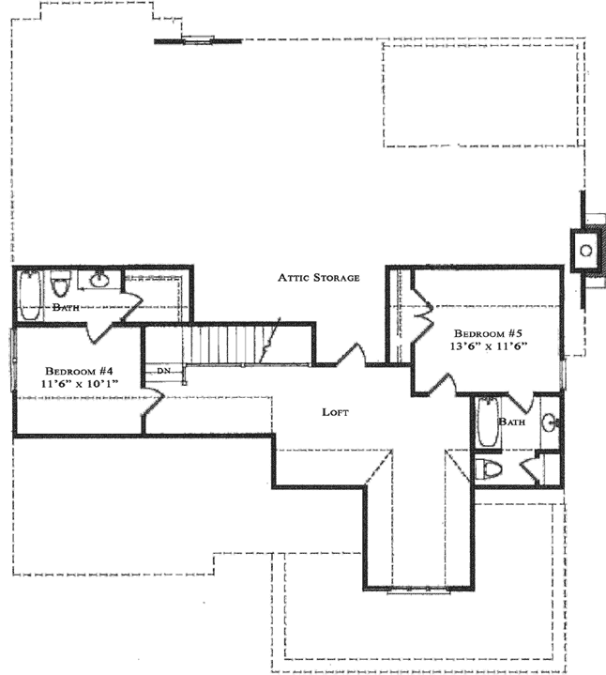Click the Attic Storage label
[x=318, y=278]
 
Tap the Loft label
[x=337, y=412]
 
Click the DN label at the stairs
[x=164, y=372]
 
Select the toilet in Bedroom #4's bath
[x=62, y=283]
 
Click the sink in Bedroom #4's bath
[x=98, y=279]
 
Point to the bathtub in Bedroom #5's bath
[x=487, y=422]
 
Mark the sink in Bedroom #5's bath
[x=552, y=423]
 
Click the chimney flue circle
[x=586, y=250]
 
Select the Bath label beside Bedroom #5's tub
[x=512, y=422]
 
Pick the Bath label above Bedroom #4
[x=65, y=307]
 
